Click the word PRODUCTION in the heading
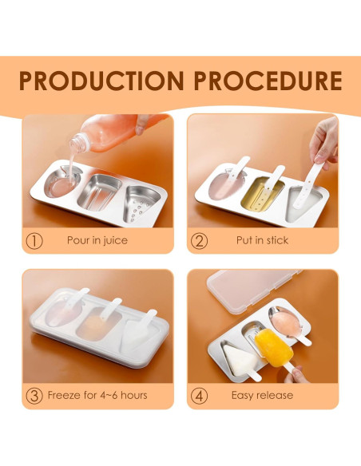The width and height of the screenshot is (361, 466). (97, 81)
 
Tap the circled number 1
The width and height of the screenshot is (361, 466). (34, 240)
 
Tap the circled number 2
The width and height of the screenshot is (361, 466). (200, 240)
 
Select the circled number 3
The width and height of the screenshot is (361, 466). (34, 395)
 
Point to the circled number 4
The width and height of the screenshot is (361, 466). (200, 395)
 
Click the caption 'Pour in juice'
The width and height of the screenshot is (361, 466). (97, 240)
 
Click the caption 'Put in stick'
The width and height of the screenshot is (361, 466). (262, 240)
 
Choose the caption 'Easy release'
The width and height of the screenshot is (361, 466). (262, 395)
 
